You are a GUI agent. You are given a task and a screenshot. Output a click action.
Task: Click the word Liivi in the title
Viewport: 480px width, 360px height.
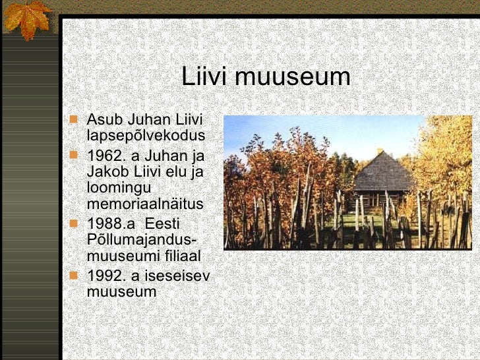[x=204, y=77]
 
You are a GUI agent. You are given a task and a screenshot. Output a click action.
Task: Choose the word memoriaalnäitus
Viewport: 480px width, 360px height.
[x=145, y=204]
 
